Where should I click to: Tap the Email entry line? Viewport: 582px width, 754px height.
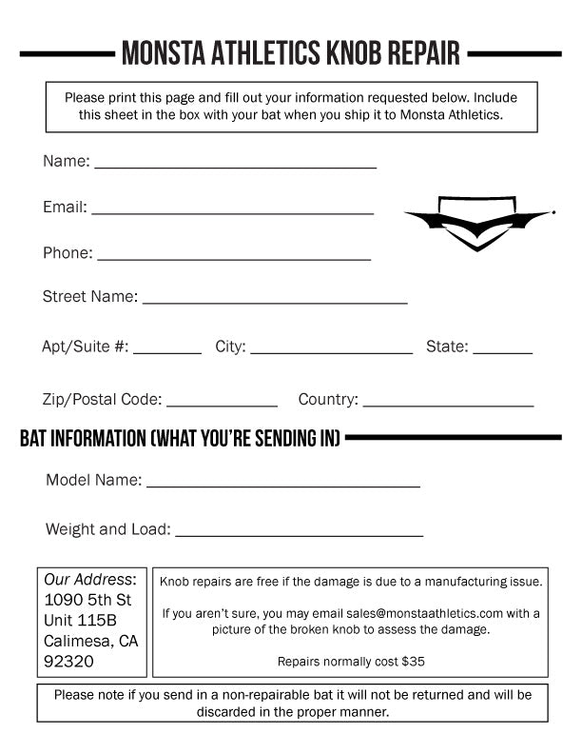click(232, 211)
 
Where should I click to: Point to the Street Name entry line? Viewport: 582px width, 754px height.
click(275, 301)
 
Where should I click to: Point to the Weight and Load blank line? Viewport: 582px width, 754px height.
click(299, 534)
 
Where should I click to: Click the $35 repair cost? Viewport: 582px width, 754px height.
click(413, 661)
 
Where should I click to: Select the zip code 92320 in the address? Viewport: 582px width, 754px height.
click(68, 661)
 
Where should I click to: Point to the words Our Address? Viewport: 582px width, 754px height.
click(89, 579)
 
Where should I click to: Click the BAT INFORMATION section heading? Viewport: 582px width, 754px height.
click(180, 439)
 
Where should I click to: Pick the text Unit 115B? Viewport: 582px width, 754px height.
click(81, 621)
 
